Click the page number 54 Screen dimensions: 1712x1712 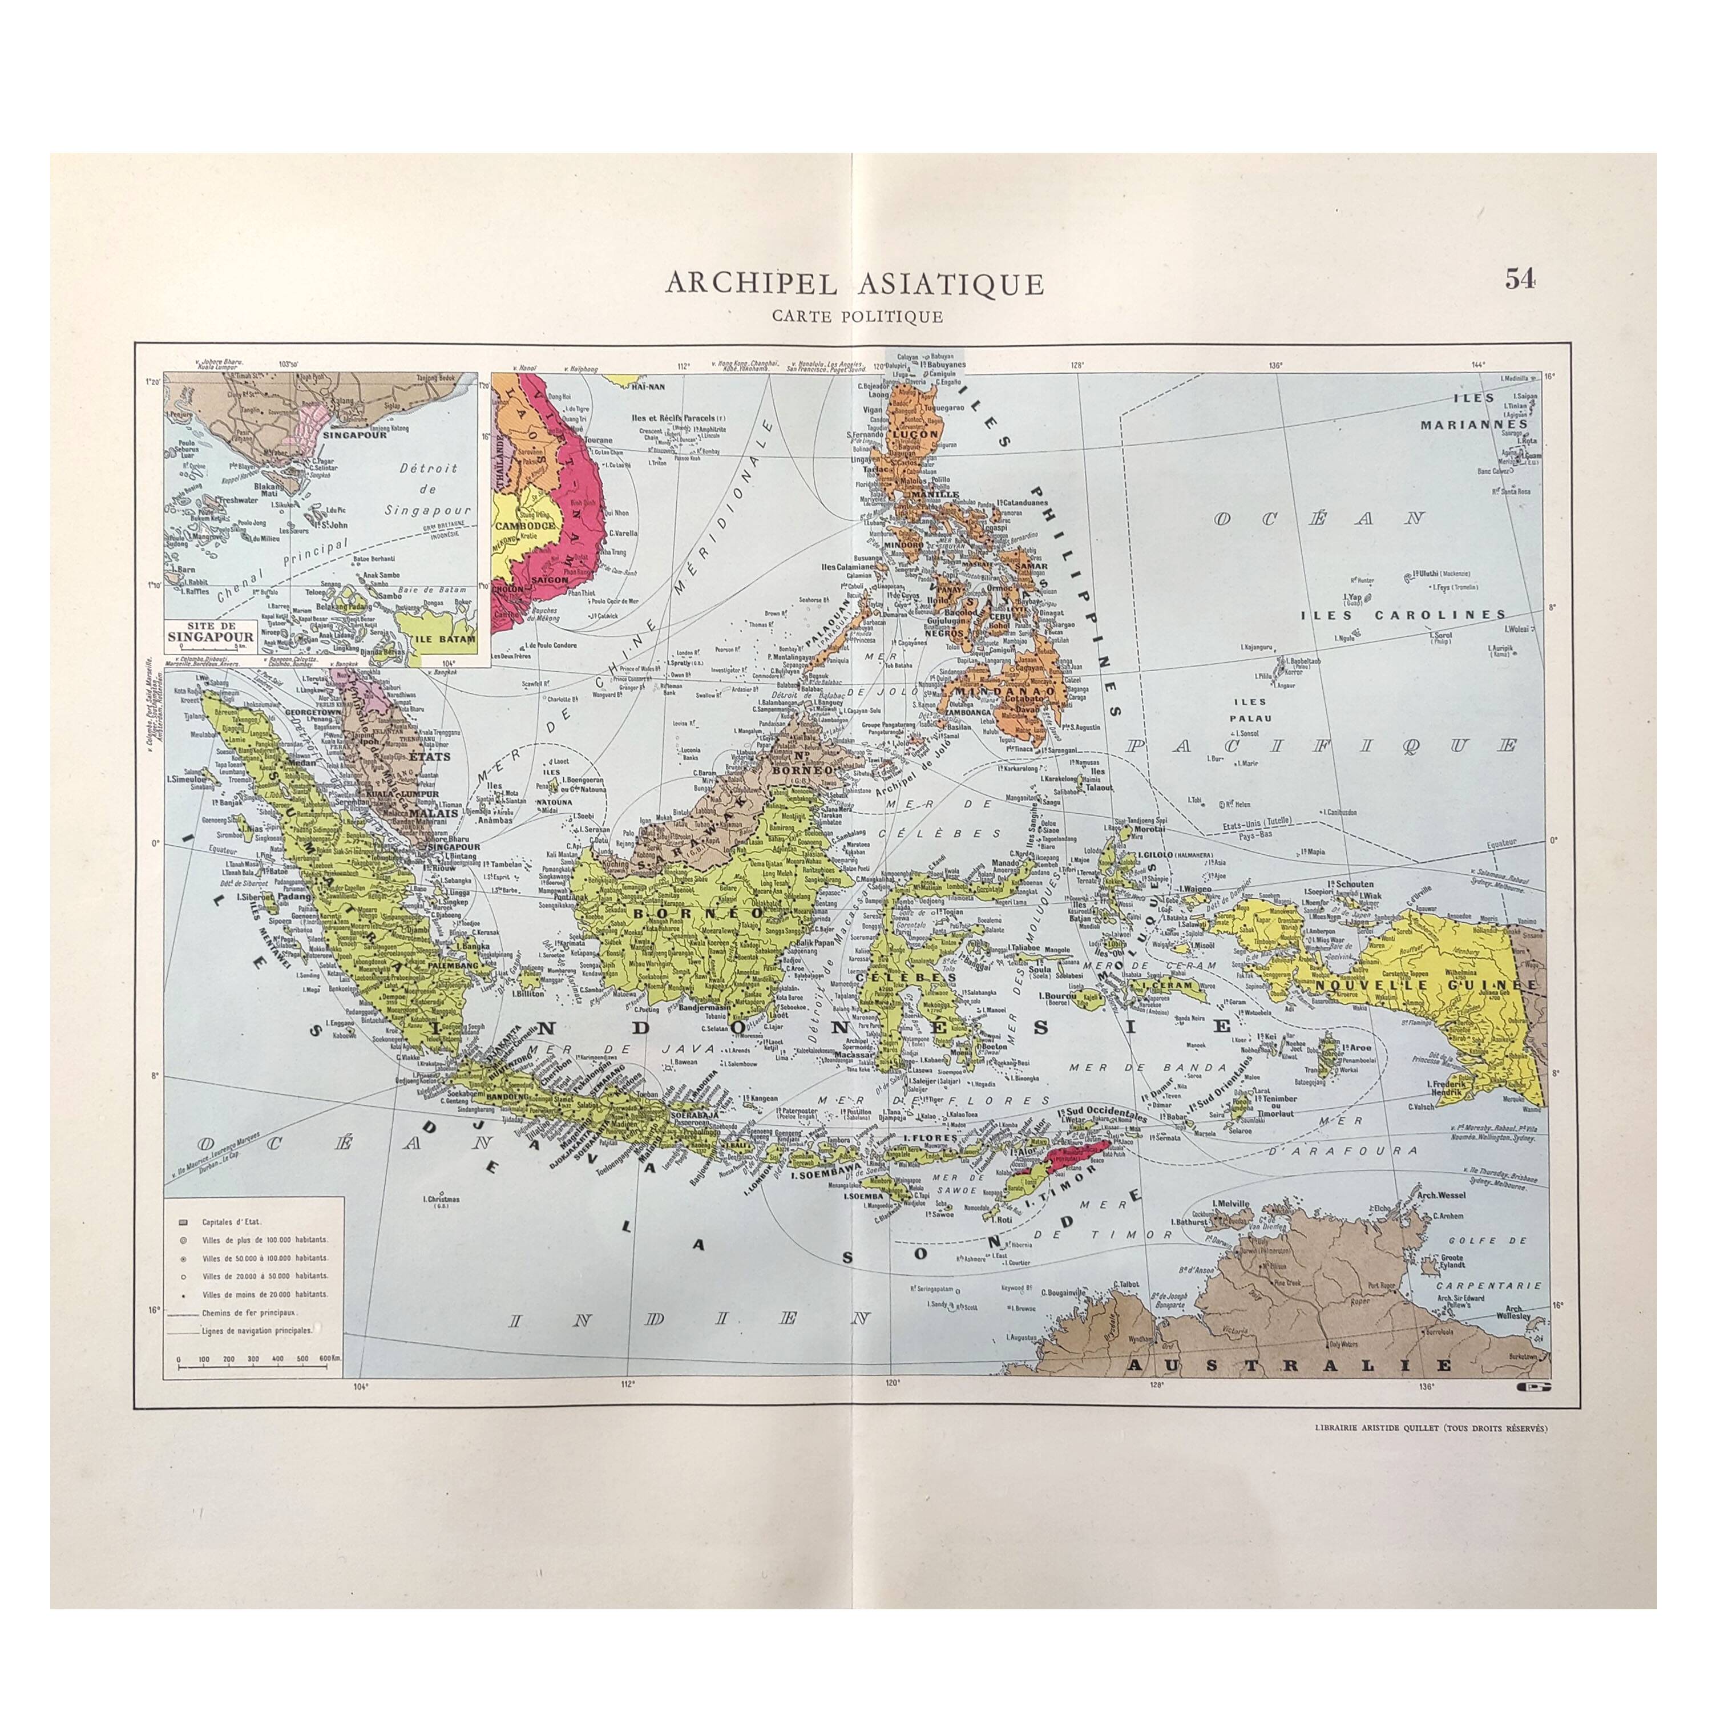(1520, 279)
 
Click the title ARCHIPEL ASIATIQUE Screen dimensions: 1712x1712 (854, 284)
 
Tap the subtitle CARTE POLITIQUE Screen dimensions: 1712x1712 (854, 316)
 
